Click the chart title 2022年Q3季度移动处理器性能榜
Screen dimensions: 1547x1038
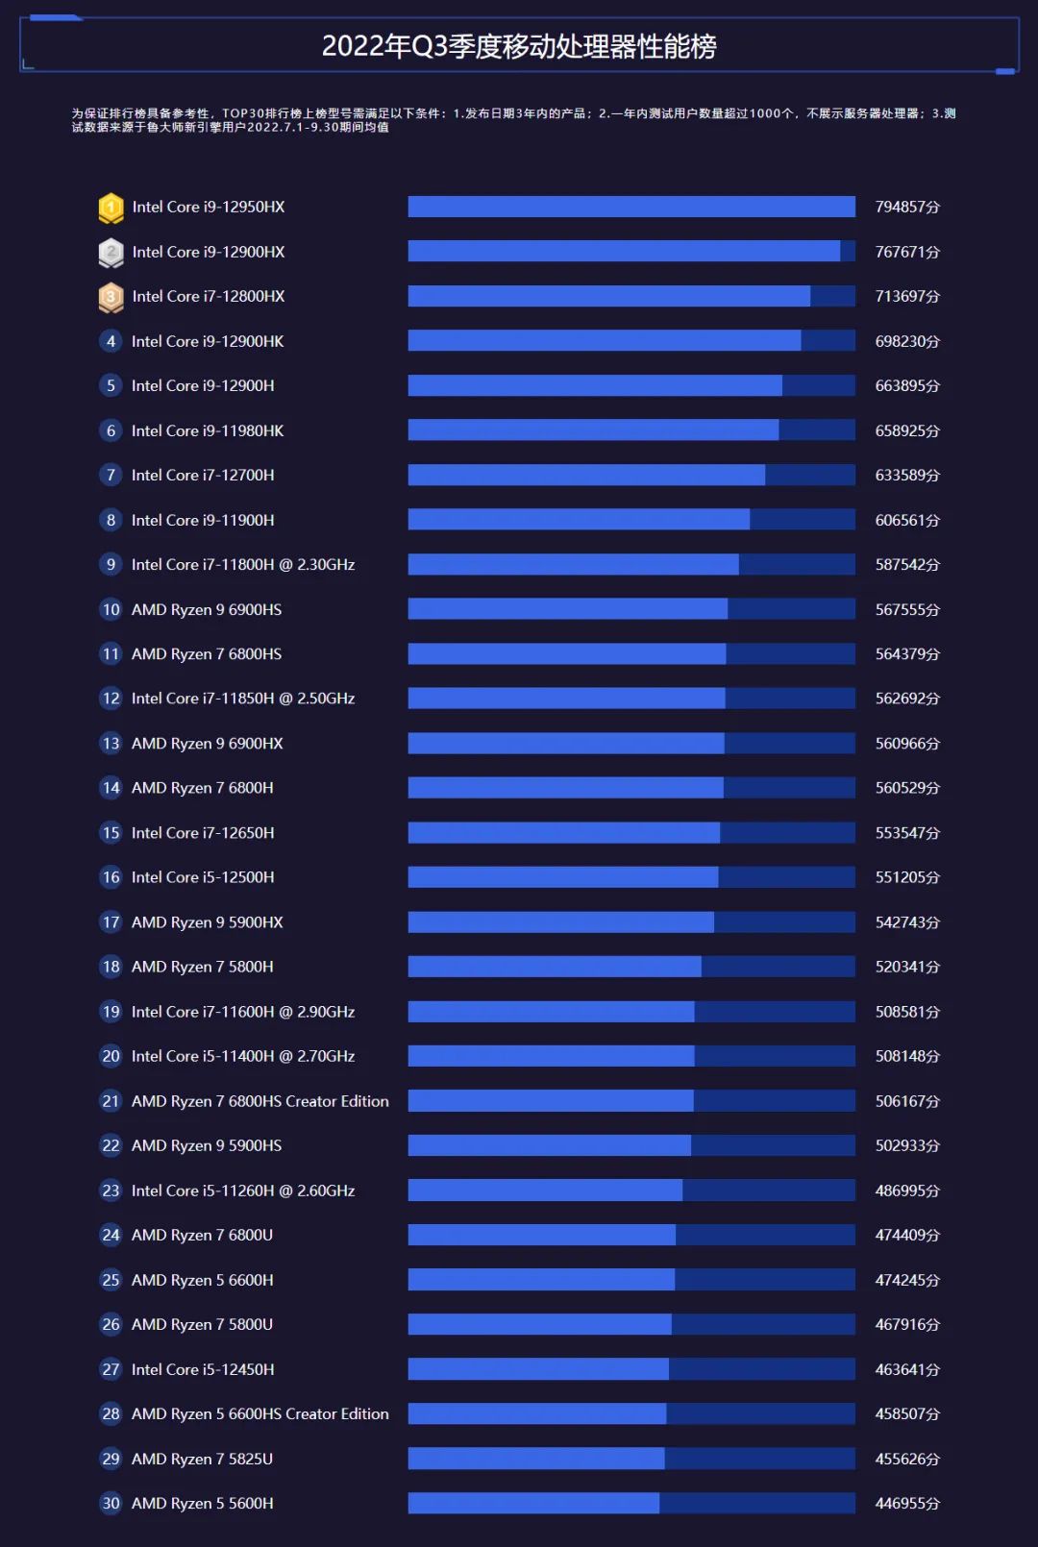pyautogui.click(x=519, y=46)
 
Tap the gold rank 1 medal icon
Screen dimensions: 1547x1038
pyautogui.click(x=111, y=208)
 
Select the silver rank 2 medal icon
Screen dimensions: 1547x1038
pyautogui.click(x=111, y=253)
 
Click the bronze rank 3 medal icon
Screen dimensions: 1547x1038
pyautogui.click(x=111, y=297)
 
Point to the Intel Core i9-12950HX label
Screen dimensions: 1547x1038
pyautogui.click(x=209, y=208)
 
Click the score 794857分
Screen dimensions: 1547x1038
pyautogui.click(x=906, y=208)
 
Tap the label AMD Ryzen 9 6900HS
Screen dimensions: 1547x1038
pyautogui.click(x=207, y=610)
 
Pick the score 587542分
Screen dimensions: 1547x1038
pyautogui.click(x=906, y=565)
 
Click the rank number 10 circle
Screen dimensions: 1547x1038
pyautogui.click(x=111, y=610)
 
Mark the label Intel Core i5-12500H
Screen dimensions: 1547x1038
pyautogui.click(x=203, y=877)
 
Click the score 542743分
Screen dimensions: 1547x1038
pyautogui.click(x=906, y=922)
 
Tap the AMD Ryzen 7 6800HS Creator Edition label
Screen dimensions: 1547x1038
pyautogui.click(x=260, y=1101)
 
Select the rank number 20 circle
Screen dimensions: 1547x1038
pyautogui.click(x=111, y=1056)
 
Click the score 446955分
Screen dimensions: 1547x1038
pyautogui.click(x=906, y=1504)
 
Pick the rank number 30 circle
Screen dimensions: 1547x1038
pyautogui.click(x=111, y=1504)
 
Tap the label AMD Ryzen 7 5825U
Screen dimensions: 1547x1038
pyautogui.click(x=202, y=1459)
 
